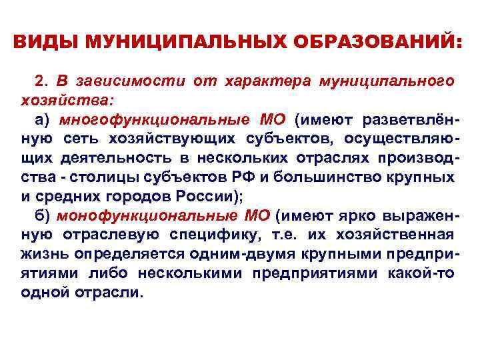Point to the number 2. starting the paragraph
pos(43,81)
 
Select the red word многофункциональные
pos(145,119)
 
